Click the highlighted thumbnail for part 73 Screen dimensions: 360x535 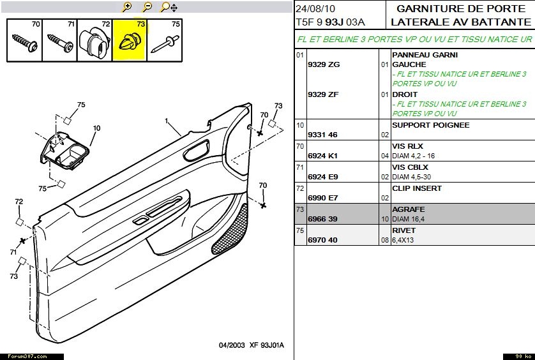pos(130,40)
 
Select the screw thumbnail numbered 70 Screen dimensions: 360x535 pos(25,40)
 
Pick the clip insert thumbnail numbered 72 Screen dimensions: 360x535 pos(94,40)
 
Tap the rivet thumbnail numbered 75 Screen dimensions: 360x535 pos(165,40)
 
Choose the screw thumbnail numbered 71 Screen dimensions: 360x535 pos(60,40)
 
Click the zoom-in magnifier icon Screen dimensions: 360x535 pos(127,7)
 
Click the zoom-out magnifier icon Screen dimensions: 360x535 pos(147,7)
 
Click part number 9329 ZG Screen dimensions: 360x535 pos(323,64)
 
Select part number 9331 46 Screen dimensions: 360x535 pos(322,135)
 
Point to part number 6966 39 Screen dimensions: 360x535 pos(322,219)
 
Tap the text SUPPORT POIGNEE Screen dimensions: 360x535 pos(430,125)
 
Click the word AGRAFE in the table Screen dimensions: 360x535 pos(408,209)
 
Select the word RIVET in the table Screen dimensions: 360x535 pos(403,230)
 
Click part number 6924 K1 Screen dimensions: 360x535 pos(323,156)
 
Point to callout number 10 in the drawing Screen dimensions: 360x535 pos(96,128)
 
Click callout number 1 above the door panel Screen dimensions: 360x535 pos(166,121)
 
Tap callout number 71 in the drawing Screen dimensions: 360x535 pos(13,253)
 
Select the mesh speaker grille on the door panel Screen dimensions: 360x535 pos(230,229)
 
